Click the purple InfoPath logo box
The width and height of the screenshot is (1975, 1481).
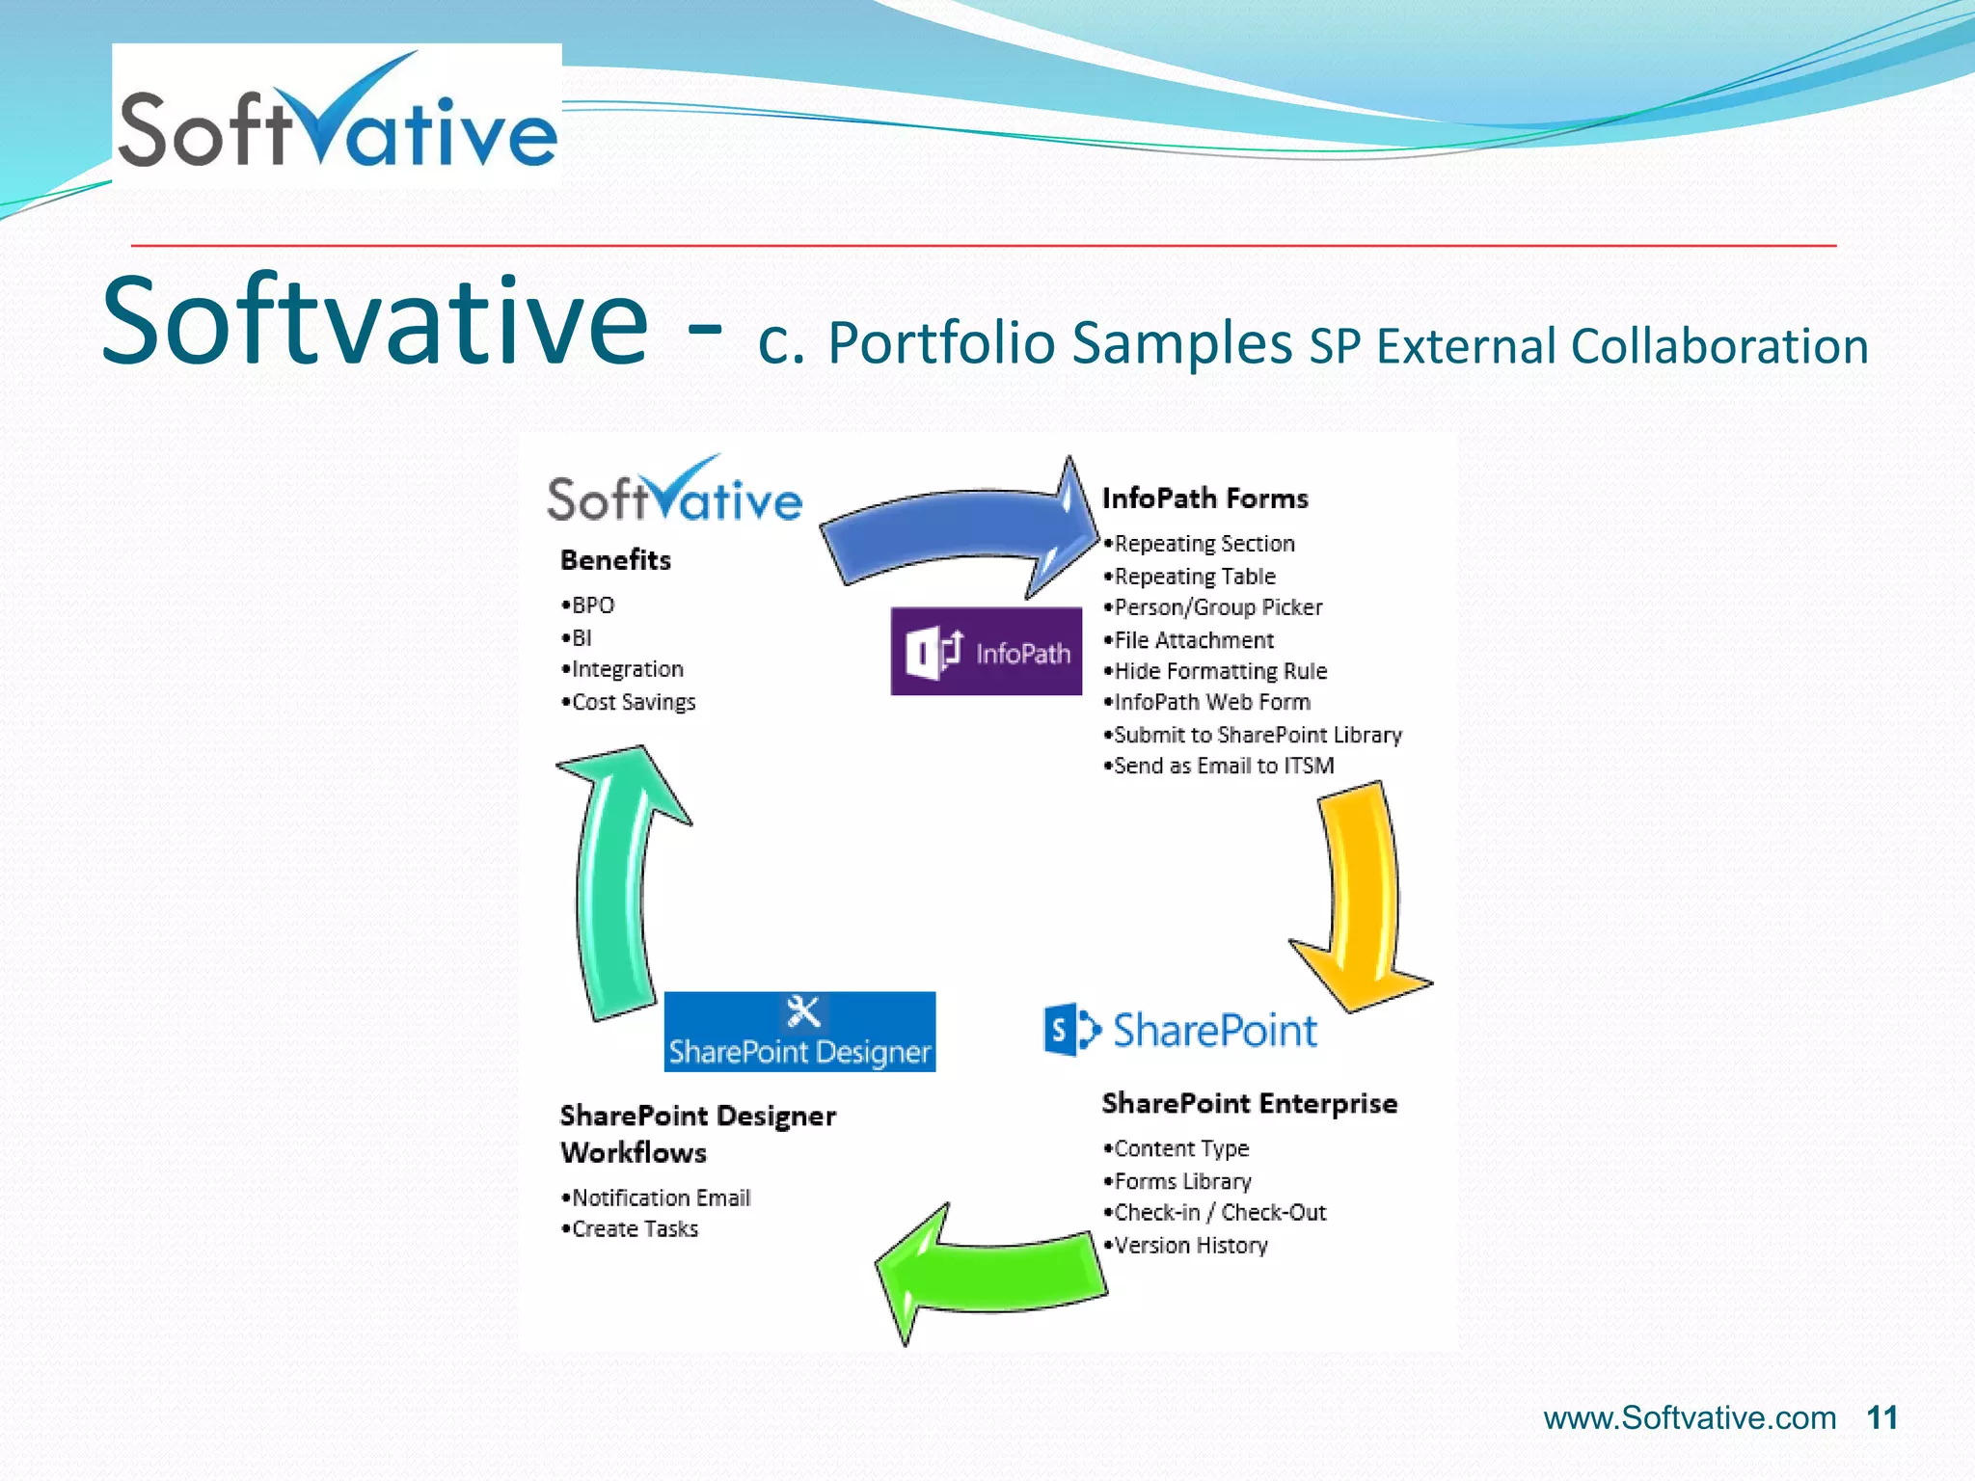[986, 651]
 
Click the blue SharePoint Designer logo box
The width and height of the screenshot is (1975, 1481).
[799, 1032]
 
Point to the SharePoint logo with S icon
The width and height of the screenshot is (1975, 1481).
[1180, 1030]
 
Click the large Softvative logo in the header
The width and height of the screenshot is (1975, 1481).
[337, 116]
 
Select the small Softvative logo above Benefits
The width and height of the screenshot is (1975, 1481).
[674, 492]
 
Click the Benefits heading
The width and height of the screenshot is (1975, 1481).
[615, 560]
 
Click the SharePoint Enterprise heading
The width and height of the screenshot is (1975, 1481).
[1249, 1103]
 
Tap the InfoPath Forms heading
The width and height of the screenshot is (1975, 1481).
[1204, 498]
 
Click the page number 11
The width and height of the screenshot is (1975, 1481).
[1881, 1417]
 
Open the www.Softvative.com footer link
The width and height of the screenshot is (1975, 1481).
[1690, 1417]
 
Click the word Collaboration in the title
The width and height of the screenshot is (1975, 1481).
[1718, 346]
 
